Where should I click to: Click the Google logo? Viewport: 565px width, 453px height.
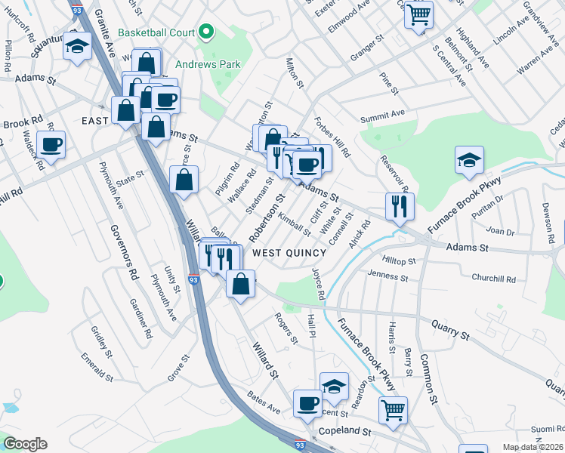pyautogui.click(x=25, y=444)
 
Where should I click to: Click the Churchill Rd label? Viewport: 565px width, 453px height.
pyautogui.click(x=493, y=279)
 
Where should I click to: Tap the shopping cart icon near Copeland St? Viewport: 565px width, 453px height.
pyautogui.click(x=393, y=411)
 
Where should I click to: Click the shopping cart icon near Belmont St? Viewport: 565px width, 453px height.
pyautogui.click(x=418, y=14)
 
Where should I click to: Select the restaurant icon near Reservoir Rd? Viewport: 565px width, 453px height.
pyautogui.click(x=400, y=205)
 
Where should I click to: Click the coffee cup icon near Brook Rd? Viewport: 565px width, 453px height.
pyautogui.click(x=51, y=143)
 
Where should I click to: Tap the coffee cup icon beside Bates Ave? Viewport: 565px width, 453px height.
pyautogui.click(x=307, y=404)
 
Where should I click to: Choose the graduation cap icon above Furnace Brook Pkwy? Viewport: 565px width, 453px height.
pyautogui.click(x=470, y=159)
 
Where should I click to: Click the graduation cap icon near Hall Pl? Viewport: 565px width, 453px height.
pyautogui.click(x=334, y=387)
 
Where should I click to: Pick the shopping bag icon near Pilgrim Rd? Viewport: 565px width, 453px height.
pyautogui.click(x=185, y=180)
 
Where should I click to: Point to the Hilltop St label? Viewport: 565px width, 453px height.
pyautogui.click(x=400, y=260)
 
